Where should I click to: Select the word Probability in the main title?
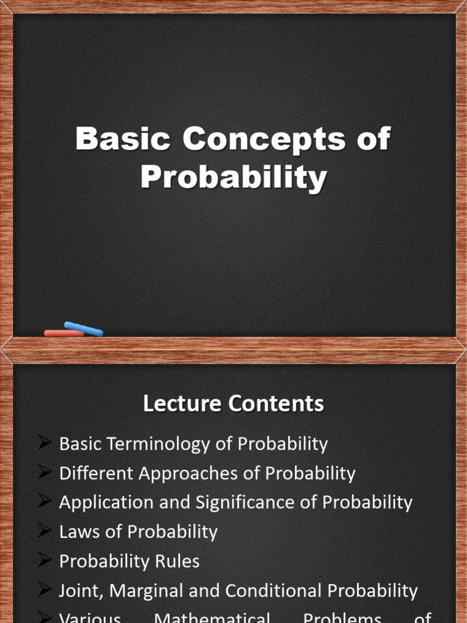point(233,178)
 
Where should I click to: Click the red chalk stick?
point(64,333)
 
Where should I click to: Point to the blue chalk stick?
point(84,329)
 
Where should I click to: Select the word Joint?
point(75,591)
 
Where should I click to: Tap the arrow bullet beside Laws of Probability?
point(44,531)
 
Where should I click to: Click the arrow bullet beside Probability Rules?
point(44,560)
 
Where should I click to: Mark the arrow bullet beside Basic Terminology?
point(44,444)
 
